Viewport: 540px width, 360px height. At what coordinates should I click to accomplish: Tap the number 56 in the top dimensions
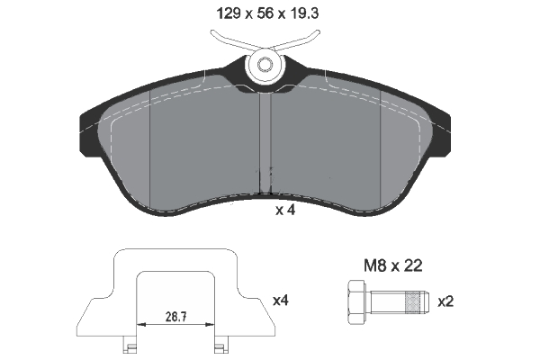(265, 13)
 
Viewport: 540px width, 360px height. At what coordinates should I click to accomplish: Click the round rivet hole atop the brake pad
(265, 65)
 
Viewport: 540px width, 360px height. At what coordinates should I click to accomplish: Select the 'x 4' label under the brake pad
(285, 211)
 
